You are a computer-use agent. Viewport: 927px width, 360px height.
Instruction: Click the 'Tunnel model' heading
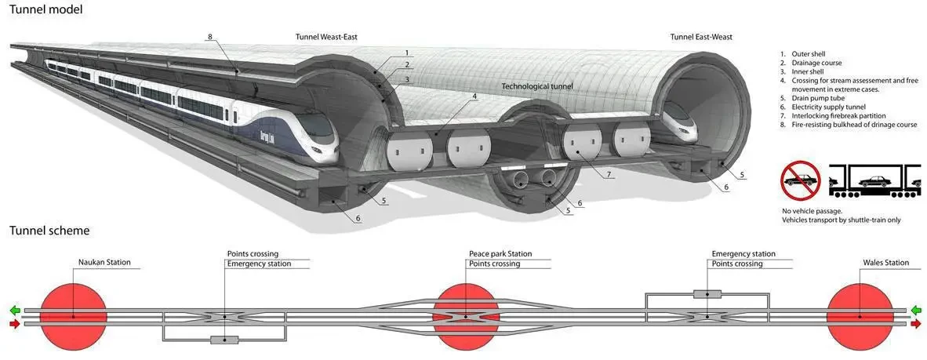46,9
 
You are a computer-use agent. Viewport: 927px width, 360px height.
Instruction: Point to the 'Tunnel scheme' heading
49,231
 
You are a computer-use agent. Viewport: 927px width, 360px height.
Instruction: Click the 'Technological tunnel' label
537,85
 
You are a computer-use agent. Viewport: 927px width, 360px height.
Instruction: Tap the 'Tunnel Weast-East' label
327,37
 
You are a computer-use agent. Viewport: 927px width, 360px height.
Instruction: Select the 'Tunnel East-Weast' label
701,37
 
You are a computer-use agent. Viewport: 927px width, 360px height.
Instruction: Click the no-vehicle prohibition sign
800,180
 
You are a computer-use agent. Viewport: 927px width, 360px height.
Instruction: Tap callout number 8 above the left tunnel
210,37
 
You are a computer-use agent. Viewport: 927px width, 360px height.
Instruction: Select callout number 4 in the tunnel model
474,96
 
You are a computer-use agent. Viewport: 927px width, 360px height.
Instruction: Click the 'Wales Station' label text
885,263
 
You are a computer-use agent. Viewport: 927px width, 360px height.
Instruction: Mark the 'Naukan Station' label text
104,263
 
